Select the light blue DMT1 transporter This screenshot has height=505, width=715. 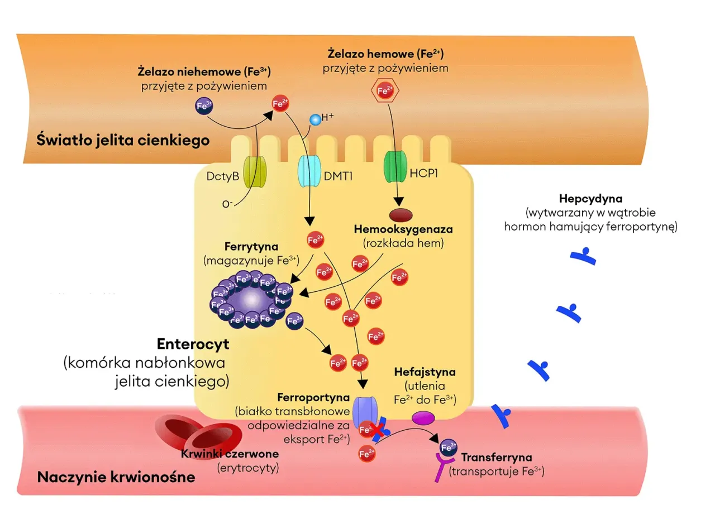pos(309,172)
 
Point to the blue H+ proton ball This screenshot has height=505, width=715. pos(315,119)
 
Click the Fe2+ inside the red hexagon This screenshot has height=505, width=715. pos(385,90)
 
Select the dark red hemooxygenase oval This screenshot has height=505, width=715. pos(400,214)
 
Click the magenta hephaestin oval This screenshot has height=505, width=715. pos(423,417)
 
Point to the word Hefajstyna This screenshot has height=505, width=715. pos(425,372)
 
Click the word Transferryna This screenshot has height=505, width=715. pos(492,458)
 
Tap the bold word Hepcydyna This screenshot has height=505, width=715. pos(590,199)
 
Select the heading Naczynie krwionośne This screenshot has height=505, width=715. pos(116,478)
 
